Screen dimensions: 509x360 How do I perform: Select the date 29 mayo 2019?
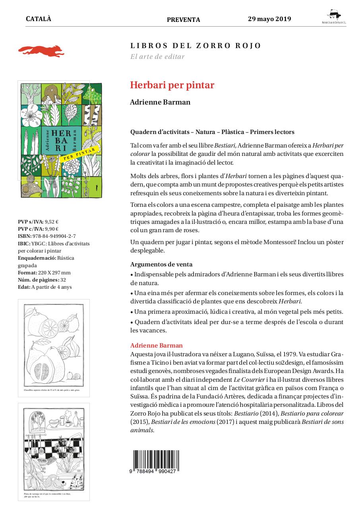(x=269, y=19)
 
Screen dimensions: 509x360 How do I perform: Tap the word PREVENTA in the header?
(x=183, y=20)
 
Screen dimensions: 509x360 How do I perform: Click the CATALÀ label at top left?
(x=39, y=19)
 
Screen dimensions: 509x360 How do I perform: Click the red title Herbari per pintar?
(x=172, y=85)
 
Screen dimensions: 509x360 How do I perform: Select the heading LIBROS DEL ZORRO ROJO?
(x=195, y=46)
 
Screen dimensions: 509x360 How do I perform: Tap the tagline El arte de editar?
(x=157, y=56)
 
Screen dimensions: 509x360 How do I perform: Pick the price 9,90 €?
(x=51, y=229)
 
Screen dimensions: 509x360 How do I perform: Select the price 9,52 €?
(x=52, y=221)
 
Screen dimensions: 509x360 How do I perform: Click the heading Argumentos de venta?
(x=161, y=264)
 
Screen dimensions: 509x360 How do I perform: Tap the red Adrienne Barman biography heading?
(x=156, y=345)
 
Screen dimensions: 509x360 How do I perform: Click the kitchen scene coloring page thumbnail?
(x=54, y=451)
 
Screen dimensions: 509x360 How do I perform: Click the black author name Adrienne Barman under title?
(x=160, y=102)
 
